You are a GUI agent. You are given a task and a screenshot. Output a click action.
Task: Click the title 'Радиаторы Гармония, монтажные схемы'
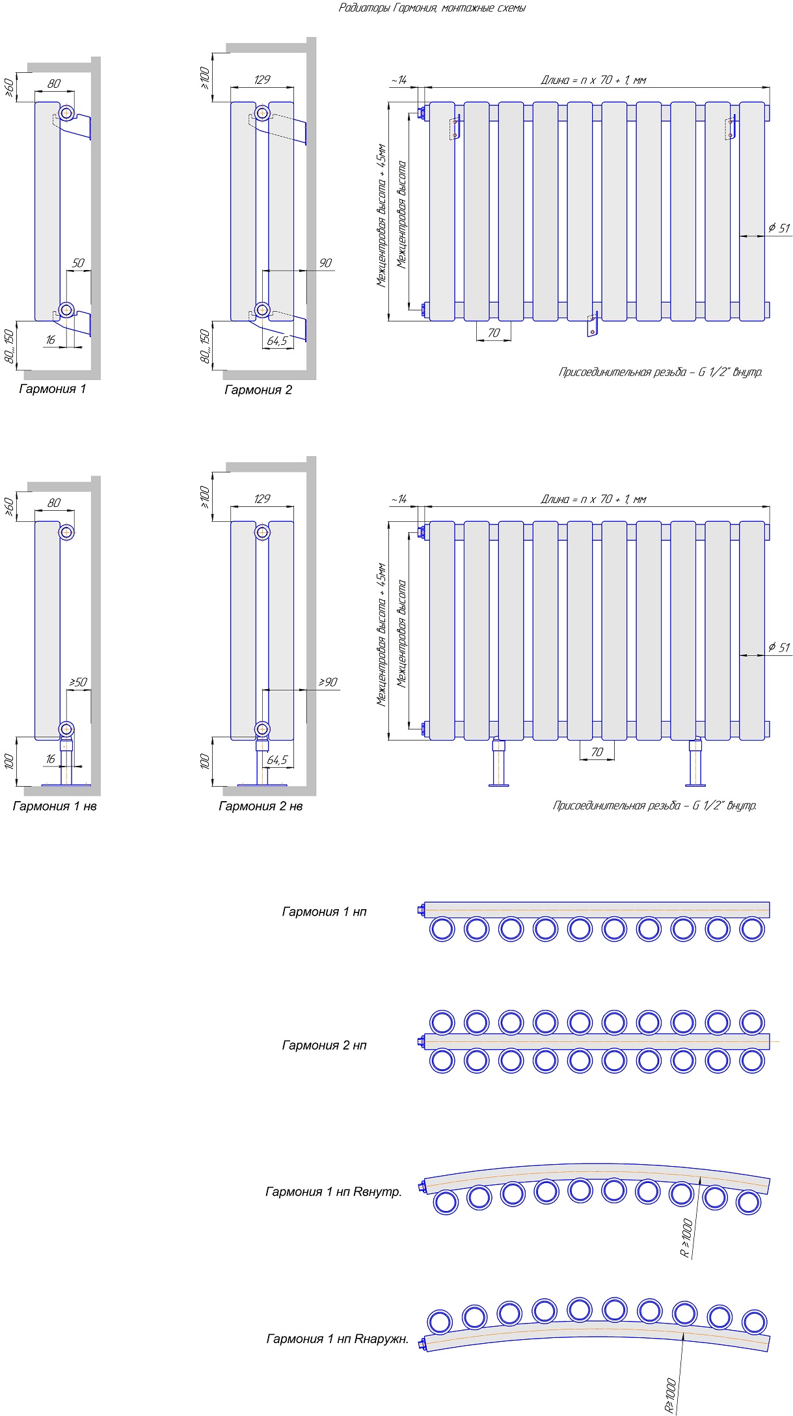tap(432, 8)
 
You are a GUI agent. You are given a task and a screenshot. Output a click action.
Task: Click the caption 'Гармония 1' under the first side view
tap(52, 389)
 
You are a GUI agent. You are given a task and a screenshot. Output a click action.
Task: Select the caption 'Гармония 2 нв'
tap(260, 806)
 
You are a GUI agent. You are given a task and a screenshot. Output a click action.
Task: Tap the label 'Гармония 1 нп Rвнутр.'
tap(334, 1191)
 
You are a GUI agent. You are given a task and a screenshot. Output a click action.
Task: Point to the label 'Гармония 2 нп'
tap(324, 1045)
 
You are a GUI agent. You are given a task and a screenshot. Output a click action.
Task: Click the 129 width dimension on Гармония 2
tap(262, 79)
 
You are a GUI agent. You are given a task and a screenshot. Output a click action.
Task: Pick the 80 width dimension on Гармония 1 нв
tap(54, 502)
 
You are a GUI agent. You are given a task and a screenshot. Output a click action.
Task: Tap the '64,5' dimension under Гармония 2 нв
tap(276, 760)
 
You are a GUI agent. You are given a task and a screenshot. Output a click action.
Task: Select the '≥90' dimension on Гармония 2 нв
tap(327, 682)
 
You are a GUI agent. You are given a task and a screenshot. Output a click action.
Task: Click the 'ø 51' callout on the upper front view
tap(778, 228)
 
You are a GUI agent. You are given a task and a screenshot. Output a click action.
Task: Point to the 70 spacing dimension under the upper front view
tap(494, 333)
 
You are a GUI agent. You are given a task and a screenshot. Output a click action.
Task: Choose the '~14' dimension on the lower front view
tap(399, 499)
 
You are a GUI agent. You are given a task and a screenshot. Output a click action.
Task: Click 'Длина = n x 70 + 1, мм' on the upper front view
tap(593, 80)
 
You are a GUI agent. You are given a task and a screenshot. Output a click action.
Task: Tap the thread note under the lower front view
tap(654, 806)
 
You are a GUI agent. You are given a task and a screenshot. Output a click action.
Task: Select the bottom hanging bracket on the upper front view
tap(592, 324)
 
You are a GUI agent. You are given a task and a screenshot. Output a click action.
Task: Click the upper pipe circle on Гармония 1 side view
tap(66, 113)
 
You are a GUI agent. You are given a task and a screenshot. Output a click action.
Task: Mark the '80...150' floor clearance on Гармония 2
tap(206, 346)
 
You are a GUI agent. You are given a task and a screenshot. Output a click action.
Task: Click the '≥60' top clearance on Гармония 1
tap(9, 87)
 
